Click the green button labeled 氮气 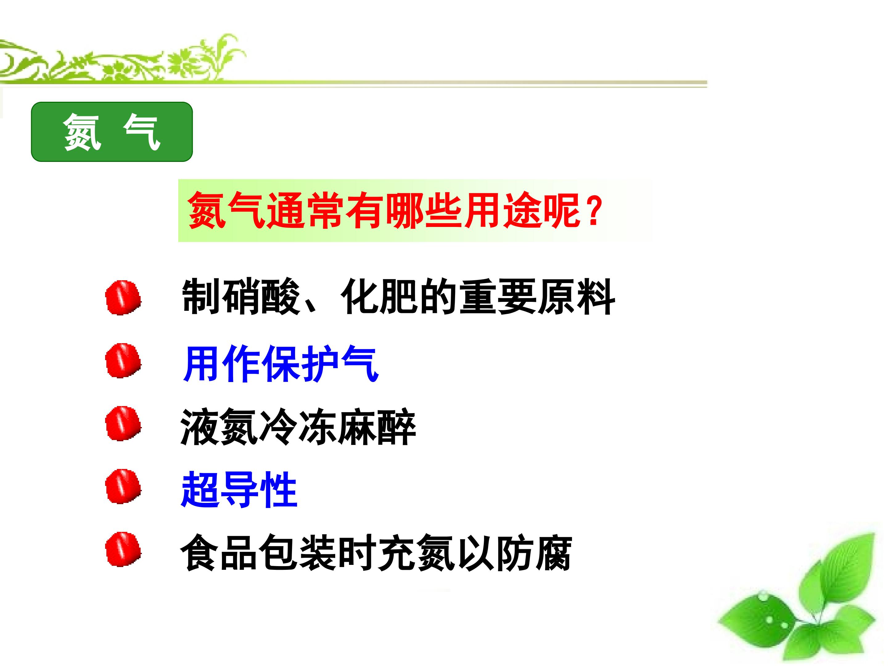tap(112, 132)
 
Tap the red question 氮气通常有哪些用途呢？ tap(395, 210)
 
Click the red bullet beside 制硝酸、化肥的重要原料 tap(123, 298)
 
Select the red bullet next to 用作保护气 tap(123, 360)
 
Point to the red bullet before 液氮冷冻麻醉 tap(123, 424)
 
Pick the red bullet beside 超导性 tap(123, 486)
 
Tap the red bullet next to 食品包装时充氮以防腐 tap(123, 549)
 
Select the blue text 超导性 tap(239, 490)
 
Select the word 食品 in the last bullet tap(220, 553)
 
